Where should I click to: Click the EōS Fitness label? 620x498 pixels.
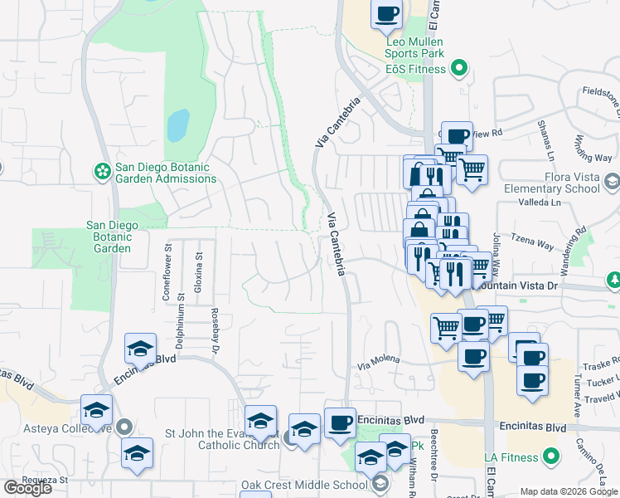pyautogui.click(x=414, y=69)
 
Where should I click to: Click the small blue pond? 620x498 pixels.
pyautogui.click(x=177, y=125)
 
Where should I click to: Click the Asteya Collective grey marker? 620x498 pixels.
pyautogui.click(x=124, y=427)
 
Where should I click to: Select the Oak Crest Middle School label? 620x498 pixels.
pyautogui.click(x=303, y=485)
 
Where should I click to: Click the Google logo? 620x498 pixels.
pyautogui.click(x=27, y=488)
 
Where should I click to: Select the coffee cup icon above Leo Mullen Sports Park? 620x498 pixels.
pyautogui.click(x=388, y=13)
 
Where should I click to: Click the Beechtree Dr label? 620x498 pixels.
pyautogui.click(x=434, y=466)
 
